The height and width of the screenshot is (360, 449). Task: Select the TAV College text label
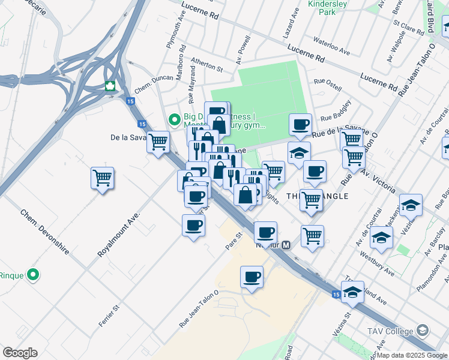[x=390, y=331]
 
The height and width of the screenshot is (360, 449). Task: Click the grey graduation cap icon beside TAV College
[x=423, y=331]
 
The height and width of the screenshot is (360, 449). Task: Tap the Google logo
[x=20, y=352]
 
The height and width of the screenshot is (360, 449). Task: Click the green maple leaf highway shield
[x=110, y=86]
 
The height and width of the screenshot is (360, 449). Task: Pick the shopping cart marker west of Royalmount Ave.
[x=102, y=178]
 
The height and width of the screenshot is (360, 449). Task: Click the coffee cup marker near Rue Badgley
[x=300, y=125]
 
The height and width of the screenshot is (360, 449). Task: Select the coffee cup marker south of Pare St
[x=252, y=277]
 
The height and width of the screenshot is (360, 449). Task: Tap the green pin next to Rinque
[x=33, y=275]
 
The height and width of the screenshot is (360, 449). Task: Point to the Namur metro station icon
[x=287, y=245]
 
